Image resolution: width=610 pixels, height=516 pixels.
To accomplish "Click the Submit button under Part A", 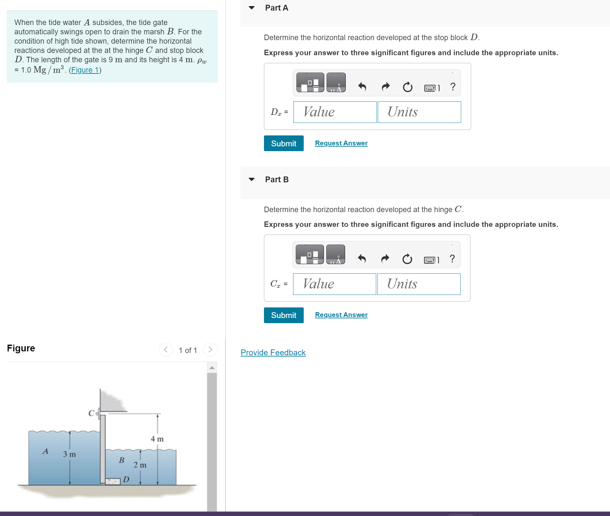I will click(x=284, y=143).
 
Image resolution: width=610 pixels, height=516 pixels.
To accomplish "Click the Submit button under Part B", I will click(x=284, y=315).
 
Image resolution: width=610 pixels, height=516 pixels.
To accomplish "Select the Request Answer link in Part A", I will click(x=341, y=143).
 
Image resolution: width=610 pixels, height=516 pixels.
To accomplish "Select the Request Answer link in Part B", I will click(x=341, y=315).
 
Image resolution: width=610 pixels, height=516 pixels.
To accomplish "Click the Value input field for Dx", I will click(x=335, y=112).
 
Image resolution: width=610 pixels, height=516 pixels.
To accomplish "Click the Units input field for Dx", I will click(x=419, y=112).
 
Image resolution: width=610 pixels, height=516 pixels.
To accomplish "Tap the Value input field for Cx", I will click(x=334, y=284).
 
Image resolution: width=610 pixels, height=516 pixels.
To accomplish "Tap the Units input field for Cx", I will click(x=419, y=284).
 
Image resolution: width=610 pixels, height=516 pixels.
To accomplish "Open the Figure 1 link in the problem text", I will click(x=85, y=70).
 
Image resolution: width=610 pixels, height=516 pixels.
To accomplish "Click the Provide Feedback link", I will click(x=273, y=352).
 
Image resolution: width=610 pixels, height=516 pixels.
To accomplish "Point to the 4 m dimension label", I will click(x=157, y=439).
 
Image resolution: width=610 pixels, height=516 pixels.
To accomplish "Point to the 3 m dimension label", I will click(x=69, y=454).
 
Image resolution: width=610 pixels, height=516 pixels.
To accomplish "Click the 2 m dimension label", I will click(x=140, y=465).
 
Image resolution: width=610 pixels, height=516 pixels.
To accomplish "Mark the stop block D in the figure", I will click(x=113, y=481).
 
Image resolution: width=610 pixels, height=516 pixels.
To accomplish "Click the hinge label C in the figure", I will click(x=91, y=413).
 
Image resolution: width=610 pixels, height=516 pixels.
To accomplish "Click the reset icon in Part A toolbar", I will click(x=407, y=87).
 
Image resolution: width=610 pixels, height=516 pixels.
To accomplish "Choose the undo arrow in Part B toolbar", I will click(x=362, y=259).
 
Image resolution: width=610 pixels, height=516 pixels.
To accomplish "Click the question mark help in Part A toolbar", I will click(x=453, y=87).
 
